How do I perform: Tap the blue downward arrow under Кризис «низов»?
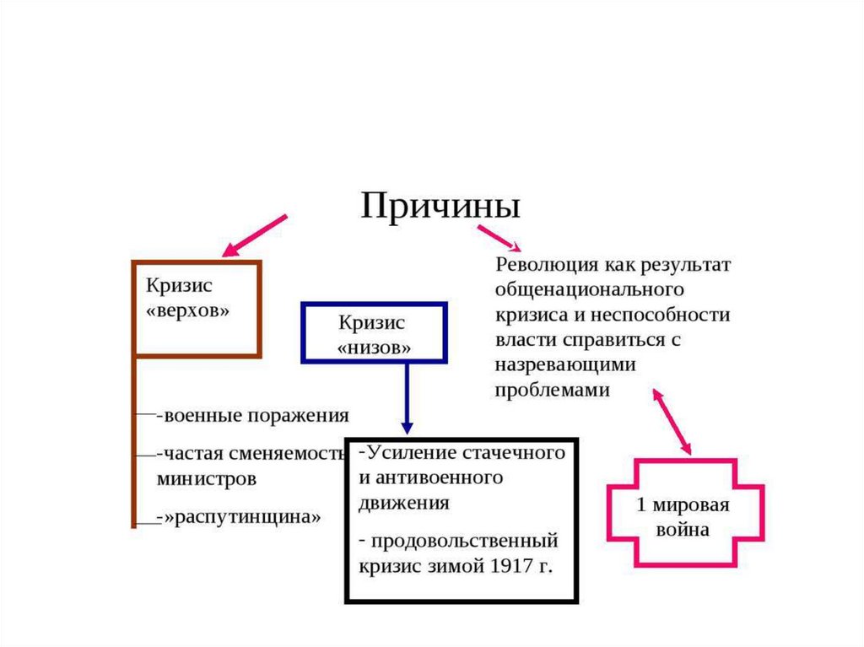[x=407, y=396]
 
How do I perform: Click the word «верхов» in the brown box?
[x=188, y=310]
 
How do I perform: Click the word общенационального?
[x=588, y=289]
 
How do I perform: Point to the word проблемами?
[x=551, y=391]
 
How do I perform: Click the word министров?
[x=207, y=478]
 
